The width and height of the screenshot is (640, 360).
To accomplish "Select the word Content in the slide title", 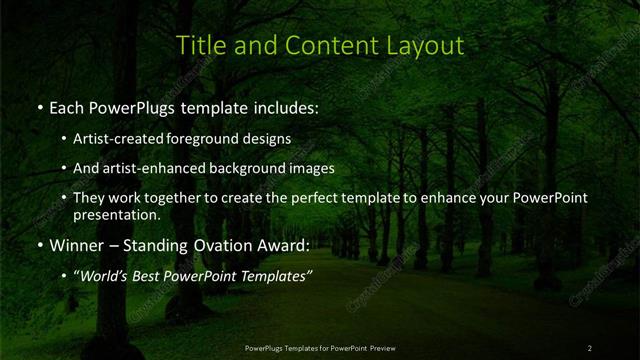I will click(320, 46).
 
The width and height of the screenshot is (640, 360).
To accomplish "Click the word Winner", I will click(79, 245).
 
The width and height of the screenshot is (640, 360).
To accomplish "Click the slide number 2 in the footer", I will click(590, 348).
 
